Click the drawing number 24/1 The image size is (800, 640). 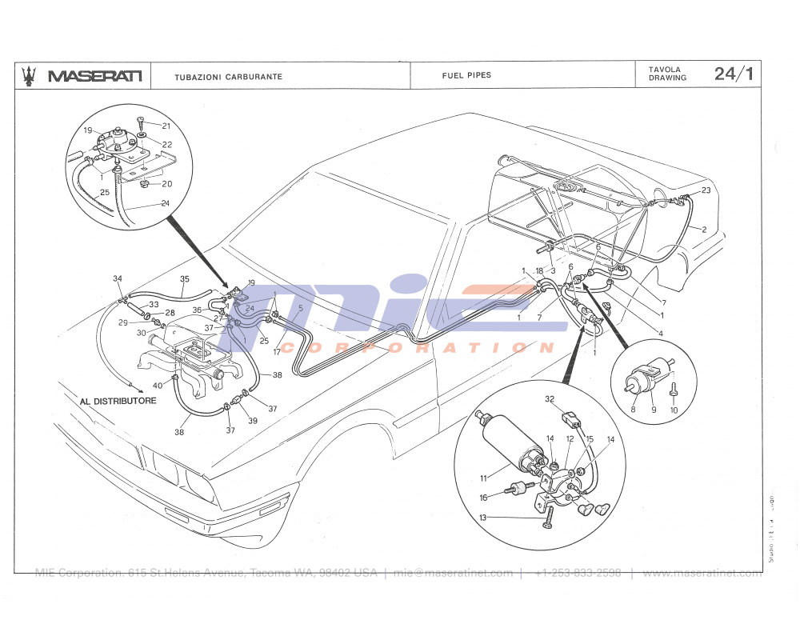tap(734, 74)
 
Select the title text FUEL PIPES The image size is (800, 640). tap(466, 75)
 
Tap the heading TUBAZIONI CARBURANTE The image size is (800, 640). tap(228, 77)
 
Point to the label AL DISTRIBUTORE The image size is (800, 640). tap(118, 401)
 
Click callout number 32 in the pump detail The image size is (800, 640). tap(550, 398)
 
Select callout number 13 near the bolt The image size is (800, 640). tap(483, 518)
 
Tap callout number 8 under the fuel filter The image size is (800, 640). tap(633, 410)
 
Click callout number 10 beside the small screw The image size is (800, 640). tap(674, 410)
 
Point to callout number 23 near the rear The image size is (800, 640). tap(706, 190)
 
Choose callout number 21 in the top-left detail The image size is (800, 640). tap(166, 126)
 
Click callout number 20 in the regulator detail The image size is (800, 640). tap(166, 184)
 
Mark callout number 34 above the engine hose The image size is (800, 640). tap(118, 278)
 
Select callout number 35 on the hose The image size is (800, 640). tap(185, 279)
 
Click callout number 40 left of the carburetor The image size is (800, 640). tap(158, 386)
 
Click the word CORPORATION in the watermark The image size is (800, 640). tap(416, 348)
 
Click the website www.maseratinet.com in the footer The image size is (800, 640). tap(701, 573)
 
